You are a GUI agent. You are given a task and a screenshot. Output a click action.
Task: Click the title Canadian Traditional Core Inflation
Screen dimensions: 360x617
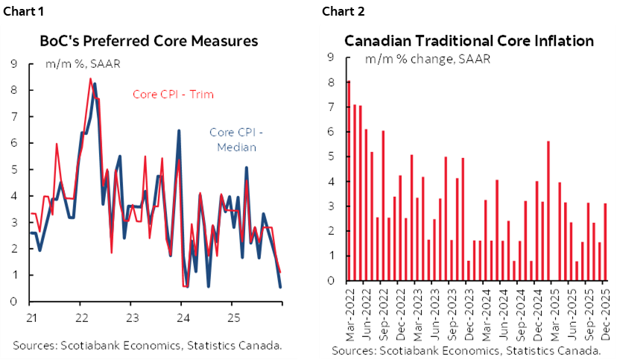pyautogui.click(x=469, y=41)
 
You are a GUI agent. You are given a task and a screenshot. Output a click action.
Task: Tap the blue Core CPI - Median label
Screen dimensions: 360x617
pyautogui.click(x=236, y=139)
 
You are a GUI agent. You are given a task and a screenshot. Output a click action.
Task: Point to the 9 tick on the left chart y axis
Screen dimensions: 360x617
pyautogui.click(x=14, y=64)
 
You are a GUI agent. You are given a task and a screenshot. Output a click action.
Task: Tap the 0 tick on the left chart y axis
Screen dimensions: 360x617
pyautogui.click(x=14, y=302)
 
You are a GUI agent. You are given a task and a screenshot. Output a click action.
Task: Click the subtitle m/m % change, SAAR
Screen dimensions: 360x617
pyautogui.click(x=427, y=59)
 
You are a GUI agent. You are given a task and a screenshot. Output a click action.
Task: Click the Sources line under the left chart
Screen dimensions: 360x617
pyautogui.click(x=147, y=344)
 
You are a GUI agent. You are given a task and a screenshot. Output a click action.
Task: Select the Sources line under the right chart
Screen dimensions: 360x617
pyautogui.click(x=466, y=350)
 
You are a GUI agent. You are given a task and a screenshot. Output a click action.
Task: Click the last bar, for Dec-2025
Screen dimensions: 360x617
pyautogui.click(x=605, y=242)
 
